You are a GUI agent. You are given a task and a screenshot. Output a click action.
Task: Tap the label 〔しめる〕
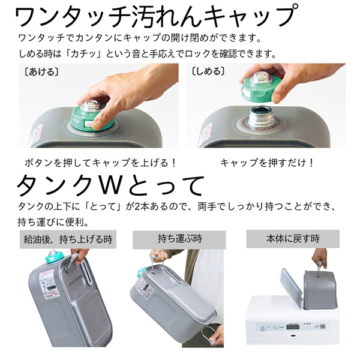point(208,71)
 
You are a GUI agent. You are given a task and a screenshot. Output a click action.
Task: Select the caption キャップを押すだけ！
point(267,163)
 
